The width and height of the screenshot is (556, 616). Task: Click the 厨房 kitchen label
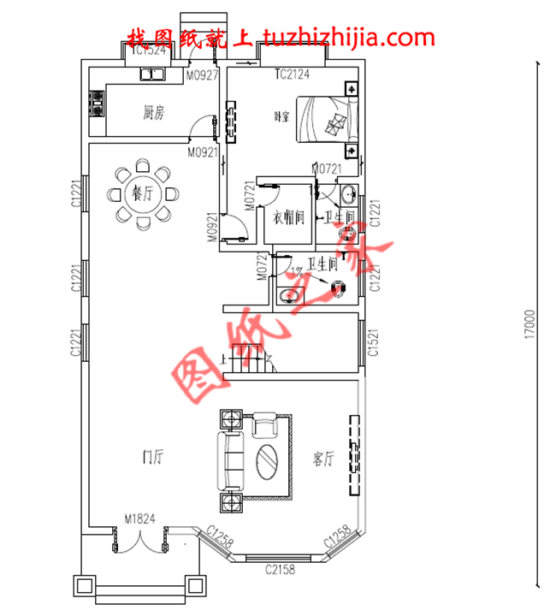tap(153, 111)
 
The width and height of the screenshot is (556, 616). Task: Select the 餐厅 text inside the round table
tap(142, 193)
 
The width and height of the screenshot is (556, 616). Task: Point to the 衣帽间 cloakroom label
tap(288, 218)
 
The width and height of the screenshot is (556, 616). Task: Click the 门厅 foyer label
tap(153, 457)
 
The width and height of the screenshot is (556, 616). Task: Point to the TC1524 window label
tap(148, 50)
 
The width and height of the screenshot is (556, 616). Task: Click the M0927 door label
tap(203, 74)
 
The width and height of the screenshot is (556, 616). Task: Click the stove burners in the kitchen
tap(97, 106)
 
